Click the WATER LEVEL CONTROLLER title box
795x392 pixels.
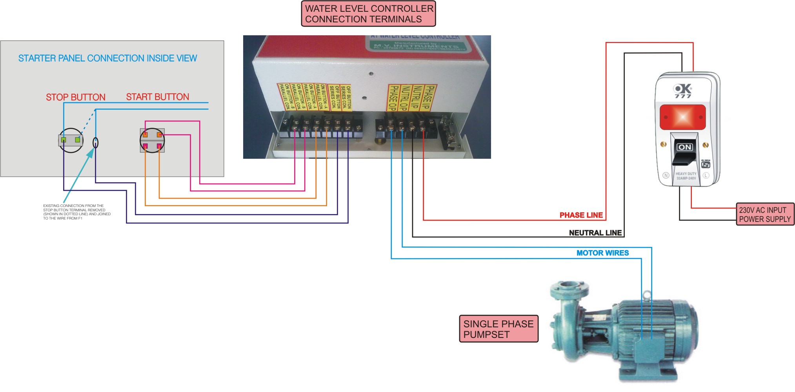(368, 14)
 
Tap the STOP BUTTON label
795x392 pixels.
(75, 97)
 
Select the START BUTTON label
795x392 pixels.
(157, 97)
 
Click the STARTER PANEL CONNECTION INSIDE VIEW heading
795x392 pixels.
(107, 58)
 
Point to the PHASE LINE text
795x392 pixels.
(581, 215)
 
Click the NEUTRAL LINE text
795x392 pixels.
(595, 233)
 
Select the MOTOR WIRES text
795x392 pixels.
(602, 253)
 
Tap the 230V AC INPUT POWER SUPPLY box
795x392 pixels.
(765, 214)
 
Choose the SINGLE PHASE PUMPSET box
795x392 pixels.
(498, 329)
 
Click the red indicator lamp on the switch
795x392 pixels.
(682, 117)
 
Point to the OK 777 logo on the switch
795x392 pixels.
(683, 91)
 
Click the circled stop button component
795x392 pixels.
(71, 140)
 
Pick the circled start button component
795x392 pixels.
(152, 140)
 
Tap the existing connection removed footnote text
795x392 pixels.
(76, 212)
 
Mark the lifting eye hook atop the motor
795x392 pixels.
(646, 294)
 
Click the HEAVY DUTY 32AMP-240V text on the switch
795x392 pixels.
(686, 176)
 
